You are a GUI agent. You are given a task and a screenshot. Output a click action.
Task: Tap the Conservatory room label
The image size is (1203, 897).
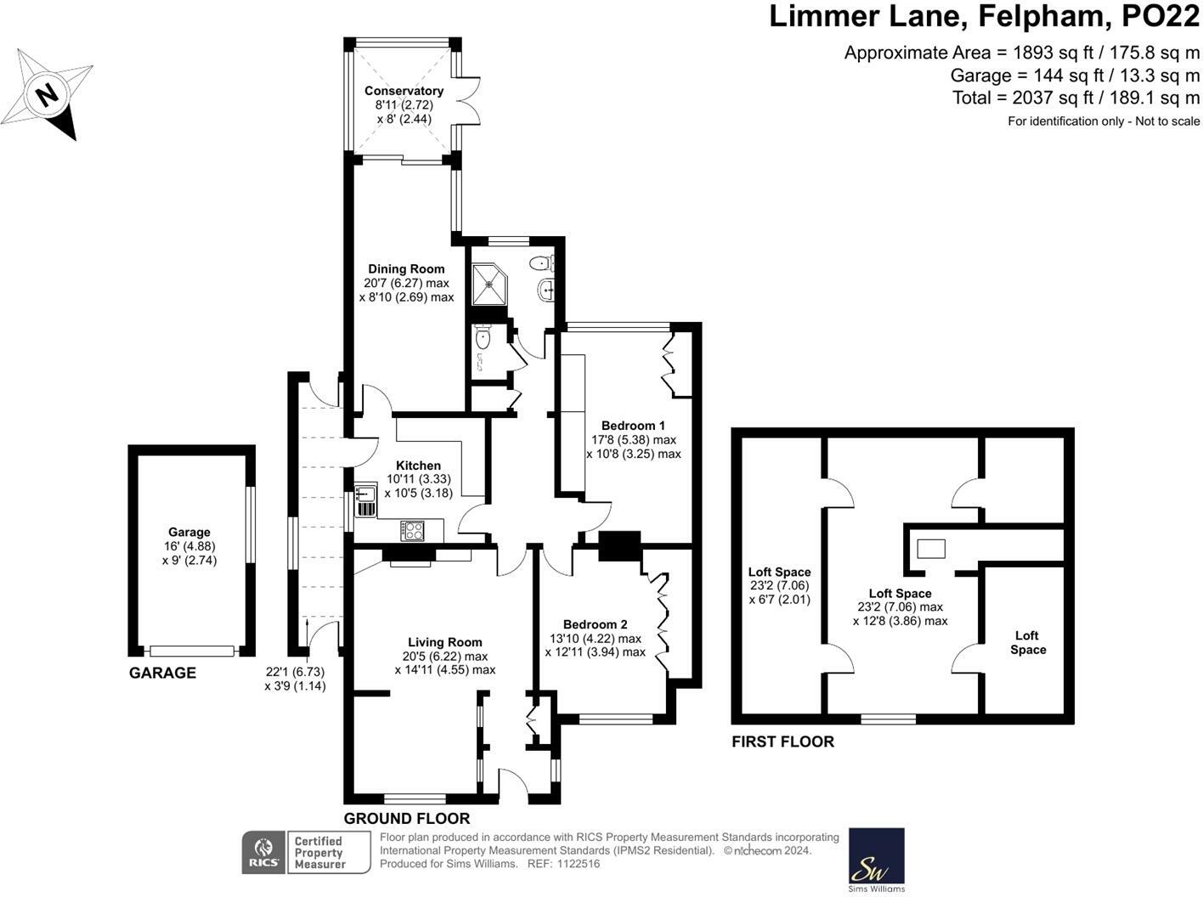click(x=404, y=91)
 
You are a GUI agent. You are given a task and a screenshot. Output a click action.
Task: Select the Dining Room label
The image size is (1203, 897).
click(x=406, y=269)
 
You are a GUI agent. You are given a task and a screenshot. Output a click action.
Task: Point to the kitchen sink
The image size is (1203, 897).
click(x=365, y=494)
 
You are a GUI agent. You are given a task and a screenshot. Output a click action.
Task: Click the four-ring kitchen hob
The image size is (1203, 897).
click(x=413, y=531)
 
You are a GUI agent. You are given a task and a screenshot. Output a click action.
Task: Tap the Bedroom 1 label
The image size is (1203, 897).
click(x=633, y=426)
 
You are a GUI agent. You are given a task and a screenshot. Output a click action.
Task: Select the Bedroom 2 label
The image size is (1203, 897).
click(x=595, y=624)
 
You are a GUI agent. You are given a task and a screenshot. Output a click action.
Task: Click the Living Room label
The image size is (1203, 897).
click(x=444, y=642)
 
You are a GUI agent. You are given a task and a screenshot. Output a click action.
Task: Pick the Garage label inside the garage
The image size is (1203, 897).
click(x=189, y=533)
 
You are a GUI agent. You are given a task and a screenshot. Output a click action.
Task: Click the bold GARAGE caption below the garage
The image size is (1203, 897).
click(x=162, y=673)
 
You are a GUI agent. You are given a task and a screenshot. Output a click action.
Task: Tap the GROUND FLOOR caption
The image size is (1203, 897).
click(x=406, y=819)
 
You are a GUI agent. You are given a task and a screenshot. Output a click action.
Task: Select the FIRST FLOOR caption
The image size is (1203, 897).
click(x=782, y=742)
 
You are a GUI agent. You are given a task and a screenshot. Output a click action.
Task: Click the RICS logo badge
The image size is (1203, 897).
click(x=264, y=851)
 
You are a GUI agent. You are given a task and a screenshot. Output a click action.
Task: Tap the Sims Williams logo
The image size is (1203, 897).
click(x=877, y=859)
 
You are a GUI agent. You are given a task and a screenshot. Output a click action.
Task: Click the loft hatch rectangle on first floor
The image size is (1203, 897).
click(x=929, y=549)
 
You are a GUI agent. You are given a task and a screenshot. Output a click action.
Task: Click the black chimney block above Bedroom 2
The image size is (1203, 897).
click(x=619, y=546)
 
